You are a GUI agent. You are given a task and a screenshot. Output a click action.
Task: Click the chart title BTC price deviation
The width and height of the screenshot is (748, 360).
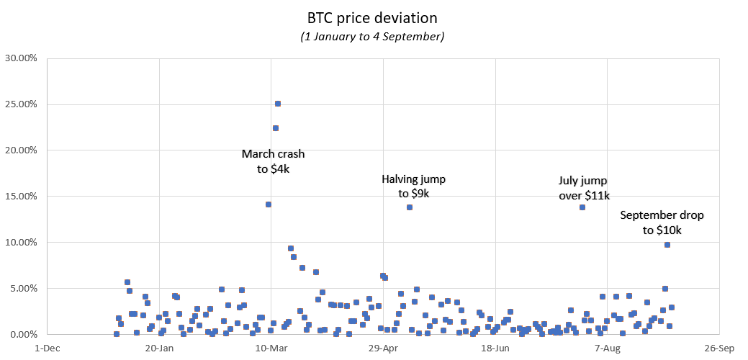tap(372, 17)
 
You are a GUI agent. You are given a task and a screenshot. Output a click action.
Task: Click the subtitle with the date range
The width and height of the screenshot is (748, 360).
tap(372, 36)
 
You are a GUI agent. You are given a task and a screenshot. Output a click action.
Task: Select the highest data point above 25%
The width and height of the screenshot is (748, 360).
tap(278, 104)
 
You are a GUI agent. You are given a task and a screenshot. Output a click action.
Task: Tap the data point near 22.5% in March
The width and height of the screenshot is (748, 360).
tap(275, 128)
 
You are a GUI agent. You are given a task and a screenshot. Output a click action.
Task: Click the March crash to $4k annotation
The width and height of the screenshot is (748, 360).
tap(273, 161)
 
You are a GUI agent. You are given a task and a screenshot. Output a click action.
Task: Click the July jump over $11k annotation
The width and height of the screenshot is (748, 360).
tap(584, 188)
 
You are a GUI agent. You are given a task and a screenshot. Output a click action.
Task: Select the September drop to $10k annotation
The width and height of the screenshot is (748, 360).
tap(662, 222)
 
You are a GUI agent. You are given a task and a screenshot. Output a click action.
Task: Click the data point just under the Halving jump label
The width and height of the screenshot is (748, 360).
tap(410, 207)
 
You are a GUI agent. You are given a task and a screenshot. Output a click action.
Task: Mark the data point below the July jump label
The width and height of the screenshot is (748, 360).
tap(582, 207)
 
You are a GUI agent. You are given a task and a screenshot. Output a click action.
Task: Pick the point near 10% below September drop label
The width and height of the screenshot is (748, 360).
tap(667, 245)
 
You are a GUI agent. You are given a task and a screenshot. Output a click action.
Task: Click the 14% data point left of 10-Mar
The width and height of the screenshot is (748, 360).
tap(269, 204)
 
